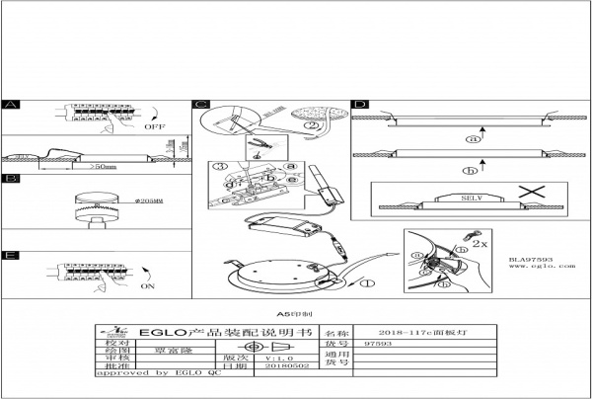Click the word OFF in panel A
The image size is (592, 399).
(154, 127)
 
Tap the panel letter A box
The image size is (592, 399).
(11, 104)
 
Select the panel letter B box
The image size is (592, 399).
(11, 179)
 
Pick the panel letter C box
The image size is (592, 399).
(201, 104)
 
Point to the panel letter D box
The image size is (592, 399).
(360, 104)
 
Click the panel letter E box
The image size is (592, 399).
(11, 255)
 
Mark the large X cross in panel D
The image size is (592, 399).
(534, 193)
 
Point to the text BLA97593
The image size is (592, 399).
(530, 258)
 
